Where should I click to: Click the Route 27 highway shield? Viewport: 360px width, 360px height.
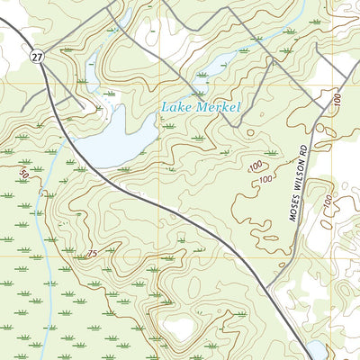pyautogui.click(x=35, y=57)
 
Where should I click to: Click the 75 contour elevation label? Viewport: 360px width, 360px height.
pyautogui.click(x=92, y=255)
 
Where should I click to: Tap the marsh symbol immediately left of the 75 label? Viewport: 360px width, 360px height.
pyautogui.click(x=72, y=255)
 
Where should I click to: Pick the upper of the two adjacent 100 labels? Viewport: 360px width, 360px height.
pyautogui.click(x=256, y=166)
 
